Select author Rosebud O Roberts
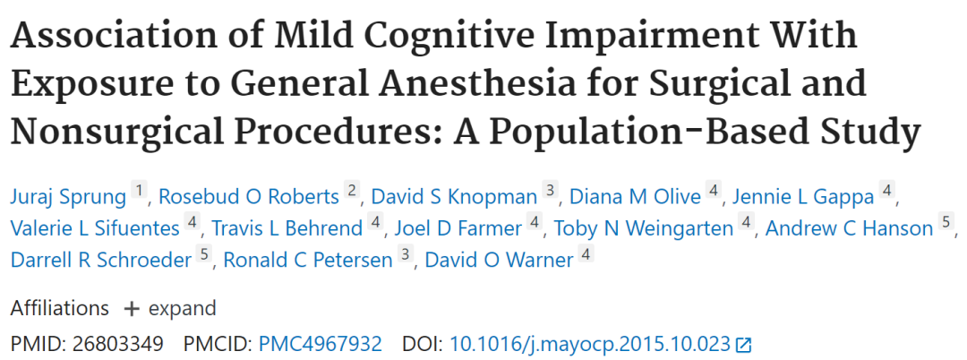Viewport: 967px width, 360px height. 249,197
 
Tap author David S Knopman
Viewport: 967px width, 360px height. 455,197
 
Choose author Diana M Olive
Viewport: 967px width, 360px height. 635,197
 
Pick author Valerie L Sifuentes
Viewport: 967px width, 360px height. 95,228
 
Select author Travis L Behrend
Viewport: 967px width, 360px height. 287,228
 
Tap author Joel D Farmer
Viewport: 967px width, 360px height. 458,228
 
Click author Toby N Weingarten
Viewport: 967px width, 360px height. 644,228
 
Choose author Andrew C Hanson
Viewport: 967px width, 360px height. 849,228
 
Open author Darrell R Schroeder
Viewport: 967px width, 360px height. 101,261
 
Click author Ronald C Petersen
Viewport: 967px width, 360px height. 308,261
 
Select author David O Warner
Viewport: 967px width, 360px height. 500,261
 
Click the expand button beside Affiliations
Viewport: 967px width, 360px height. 169,308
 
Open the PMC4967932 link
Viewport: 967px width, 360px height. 320,344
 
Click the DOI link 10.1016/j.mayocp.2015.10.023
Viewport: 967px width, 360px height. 590,344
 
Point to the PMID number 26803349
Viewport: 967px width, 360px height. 118,344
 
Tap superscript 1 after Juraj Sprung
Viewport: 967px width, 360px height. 140,191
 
